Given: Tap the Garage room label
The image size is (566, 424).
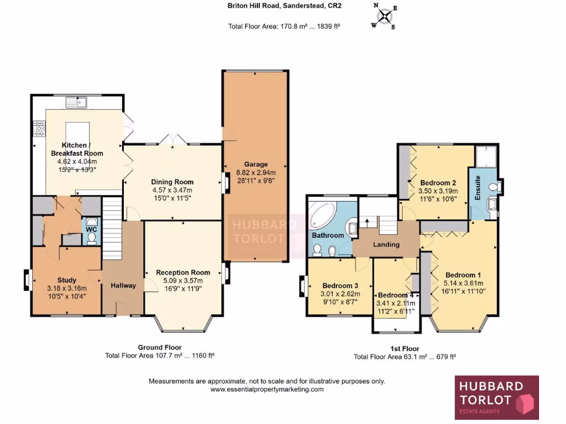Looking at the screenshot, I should click(256, 165).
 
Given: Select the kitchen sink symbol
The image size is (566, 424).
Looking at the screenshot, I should click(76, 102).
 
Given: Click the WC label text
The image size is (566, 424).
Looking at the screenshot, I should click(91, 229).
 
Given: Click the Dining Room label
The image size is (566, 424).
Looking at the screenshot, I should click(172, 182).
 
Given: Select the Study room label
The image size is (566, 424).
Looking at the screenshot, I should click(67, 280).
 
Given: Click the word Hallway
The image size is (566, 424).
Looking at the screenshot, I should click(123, 285).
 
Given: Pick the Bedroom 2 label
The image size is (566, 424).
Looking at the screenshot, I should click(438, 183).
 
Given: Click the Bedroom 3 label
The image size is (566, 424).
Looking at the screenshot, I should click(340, 285).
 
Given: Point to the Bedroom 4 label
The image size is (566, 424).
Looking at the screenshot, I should click(396, 295).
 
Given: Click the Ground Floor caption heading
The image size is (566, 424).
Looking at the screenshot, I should click(160, 348).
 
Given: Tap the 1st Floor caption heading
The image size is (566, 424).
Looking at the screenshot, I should click(405, 349).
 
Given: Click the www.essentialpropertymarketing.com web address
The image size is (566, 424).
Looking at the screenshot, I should click(267, 389).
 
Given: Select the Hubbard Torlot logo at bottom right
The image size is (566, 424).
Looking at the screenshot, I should click(496, 396).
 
